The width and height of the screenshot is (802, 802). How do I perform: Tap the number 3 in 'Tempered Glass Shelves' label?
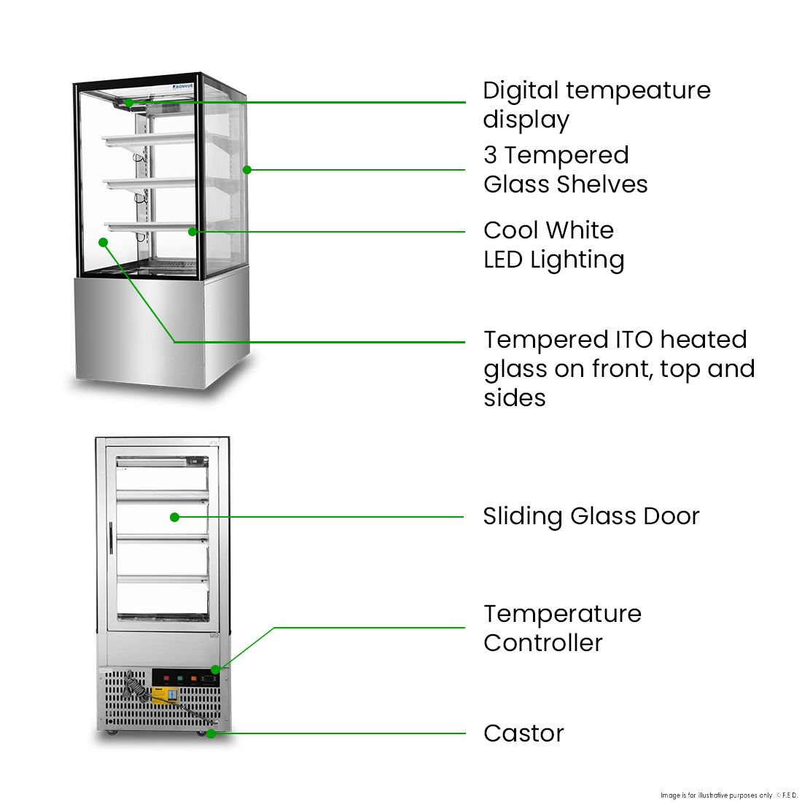(x=490, y=155)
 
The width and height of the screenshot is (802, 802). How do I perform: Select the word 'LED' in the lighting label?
(x=503, y=260)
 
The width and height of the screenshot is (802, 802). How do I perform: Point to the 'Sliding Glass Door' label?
(x=591, y=516)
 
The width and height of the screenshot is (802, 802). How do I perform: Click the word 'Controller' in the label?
(x=542, y=643)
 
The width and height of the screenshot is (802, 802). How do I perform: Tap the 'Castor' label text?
(x=523, y=733)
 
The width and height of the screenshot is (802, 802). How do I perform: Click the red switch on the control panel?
(x=166, y=677)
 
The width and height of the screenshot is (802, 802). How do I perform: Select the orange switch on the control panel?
(x=193, y=677)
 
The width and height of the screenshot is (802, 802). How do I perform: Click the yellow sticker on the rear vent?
(x=165, y=696)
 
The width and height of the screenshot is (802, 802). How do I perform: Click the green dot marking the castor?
(x=211, y=733)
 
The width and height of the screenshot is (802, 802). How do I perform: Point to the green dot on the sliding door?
(x=174, y=517)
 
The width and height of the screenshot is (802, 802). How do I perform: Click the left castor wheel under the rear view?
(x=110, y=731)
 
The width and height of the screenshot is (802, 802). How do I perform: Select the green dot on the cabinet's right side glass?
(x=247, y=170)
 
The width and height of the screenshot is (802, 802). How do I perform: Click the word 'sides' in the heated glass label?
(x=514, y=398)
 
